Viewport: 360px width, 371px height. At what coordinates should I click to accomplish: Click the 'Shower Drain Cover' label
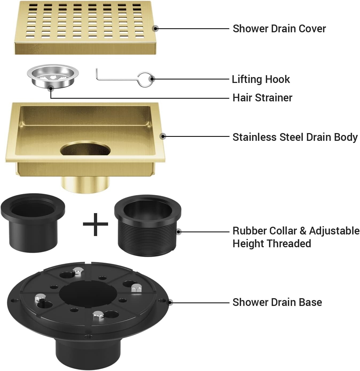point(279,29)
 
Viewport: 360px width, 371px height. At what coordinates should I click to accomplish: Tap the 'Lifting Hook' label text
point(261,79)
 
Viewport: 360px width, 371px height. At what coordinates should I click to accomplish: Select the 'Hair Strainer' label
point(262,98)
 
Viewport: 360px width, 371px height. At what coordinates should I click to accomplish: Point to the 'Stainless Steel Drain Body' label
point(295,137)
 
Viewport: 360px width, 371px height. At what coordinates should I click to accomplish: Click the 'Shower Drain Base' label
point(277,302)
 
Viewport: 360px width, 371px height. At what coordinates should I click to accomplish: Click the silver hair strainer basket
point(53,76)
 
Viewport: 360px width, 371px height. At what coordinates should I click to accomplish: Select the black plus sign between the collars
point(95,224)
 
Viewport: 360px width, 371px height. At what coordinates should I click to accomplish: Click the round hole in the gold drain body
point(85,148)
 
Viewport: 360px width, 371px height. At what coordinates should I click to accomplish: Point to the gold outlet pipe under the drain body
point(85,185)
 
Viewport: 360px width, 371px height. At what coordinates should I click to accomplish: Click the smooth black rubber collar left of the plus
point(33,223)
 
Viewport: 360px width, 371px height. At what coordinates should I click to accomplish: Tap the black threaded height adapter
point(148,226)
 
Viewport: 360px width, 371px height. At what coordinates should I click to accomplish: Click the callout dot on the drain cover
point(156,29)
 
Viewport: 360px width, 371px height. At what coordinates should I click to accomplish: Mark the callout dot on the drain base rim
point(170,302)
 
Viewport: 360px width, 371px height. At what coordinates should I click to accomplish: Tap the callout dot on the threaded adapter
point(178,232)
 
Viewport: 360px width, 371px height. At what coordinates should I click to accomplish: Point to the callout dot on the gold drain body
point(163,136)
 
